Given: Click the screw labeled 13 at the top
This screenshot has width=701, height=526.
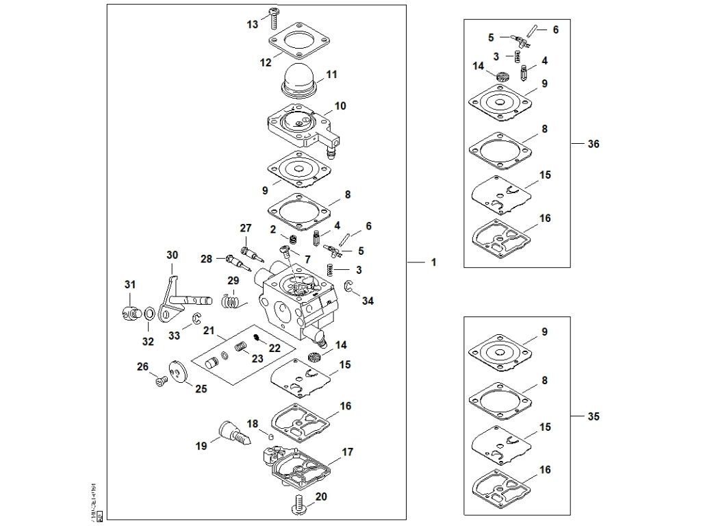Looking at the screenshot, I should tap(276, 14).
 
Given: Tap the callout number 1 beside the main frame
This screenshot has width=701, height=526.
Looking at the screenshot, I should tap(433, 262).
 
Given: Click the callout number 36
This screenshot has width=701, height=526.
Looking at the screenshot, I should tap(593, 144).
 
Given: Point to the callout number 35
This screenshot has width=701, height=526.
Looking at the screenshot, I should tap(593, 416).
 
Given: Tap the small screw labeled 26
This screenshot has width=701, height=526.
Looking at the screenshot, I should tap(162, 381).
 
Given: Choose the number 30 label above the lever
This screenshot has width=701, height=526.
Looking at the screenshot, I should tap(172, 255).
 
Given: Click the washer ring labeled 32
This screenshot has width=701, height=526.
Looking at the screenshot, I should tap(148, 314).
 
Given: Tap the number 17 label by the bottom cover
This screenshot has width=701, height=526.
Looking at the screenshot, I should tap(347, 452).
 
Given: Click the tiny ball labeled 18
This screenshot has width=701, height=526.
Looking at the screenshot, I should tap(270, 436).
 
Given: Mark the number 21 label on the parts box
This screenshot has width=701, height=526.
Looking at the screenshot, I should tap(208, 331).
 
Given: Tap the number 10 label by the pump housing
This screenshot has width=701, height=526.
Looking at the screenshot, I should tap(340, 106).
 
